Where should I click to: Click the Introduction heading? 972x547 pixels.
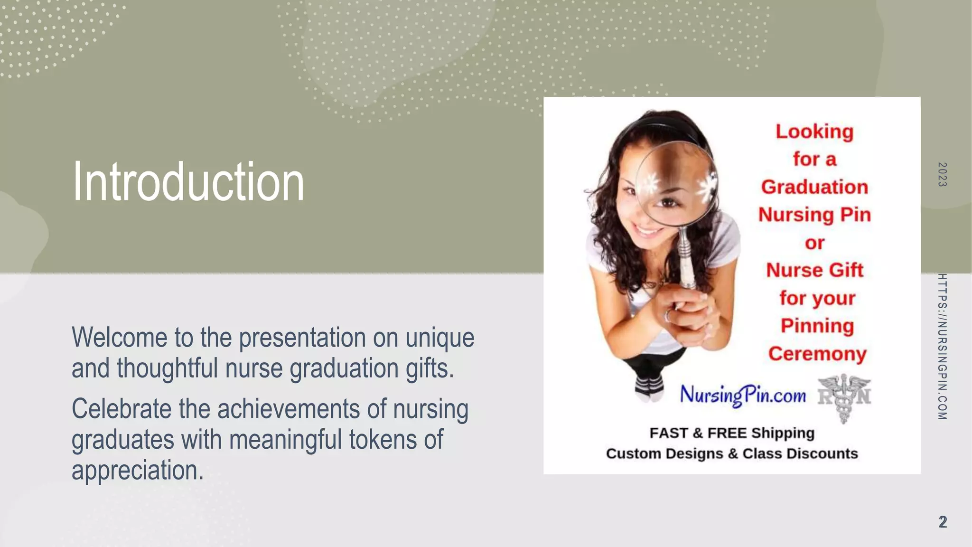(x=188, y=182)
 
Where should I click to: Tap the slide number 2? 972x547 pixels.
(x=943, y=522)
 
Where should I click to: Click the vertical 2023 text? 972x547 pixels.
(x=942, y=174)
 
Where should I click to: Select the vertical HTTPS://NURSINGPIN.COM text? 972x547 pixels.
(x=942, y=347)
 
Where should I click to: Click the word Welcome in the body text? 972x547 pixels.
(x=119, y=338)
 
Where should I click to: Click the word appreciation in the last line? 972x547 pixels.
(x=137, y=470)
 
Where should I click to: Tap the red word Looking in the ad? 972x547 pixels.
(x=814, y=132)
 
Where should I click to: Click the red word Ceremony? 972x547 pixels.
(x=817, y=354)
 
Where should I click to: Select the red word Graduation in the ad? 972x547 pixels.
(x=814, y=187)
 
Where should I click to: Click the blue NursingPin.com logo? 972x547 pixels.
(x=743, y=395)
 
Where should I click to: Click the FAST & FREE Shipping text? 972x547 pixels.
(x=732, y=433)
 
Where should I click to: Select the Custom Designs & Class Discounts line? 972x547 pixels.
(x=732, y=453)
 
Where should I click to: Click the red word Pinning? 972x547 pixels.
(x=817, y=326)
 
